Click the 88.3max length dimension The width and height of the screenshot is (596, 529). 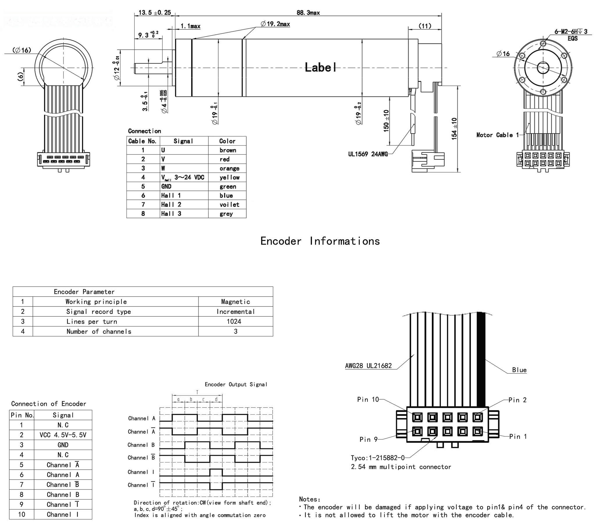click(308, 13)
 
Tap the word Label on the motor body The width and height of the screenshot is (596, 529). click(320, 67)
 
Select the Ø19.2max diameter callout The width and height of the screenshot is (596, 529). click(275, 24)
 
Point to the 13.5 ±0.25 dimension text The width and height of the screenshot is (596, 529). click(155, 13)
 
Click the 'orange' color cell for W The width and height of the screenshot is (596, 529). click(229, 168)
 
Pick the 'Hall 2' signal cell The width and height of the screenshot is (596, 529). click(171, 205)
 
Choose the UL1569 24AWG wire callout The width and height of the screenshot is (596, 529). click(368, 154)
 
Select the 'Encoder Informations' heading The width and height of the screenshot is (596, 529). click(320, 241)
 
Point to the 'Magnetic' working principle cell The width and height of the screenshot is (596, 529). click(235, 302)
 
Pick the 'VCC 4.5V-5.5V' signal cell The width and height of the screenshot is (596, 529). click(63, 435)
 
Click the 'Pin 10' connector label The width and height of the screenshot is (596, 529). click(368, 400)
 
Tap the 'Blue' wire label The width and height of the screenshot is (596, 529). click(519, 370)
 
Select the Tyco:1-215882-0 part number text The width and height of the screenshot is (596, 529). click(378, 458)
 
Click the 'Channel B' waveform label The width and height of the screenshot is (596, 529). click(141, 445)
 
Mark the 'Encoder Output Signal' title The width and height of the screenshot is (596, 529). click(236, 384)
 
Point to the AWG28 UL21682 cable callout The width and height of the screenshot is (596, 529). click(368, 366)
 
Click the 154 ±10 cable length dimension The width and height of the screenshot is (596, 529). click(454, 129)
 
